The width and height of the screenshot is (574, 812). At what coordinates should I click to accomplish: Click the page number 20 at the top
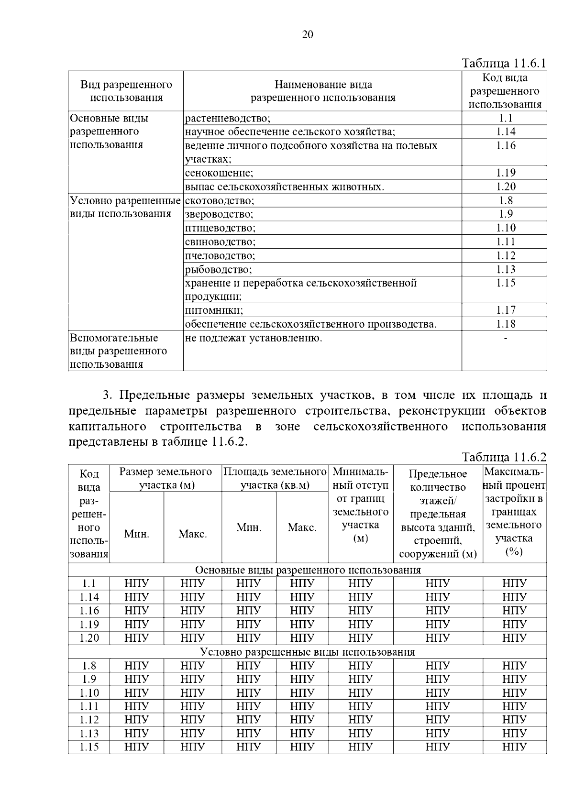click(308, 34)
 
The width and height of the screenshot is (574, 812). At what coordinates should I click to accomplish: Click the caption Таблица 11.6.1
click(504, 64)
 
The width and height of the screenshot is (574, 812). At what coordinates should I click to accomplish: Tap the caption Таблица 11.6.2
click(504, 457)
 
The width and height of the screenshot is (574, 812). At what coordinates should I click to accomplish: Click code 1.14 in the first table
click(505, 132)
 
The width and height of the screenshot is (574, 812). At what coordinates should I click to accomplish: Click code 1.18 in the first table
click(505, 324)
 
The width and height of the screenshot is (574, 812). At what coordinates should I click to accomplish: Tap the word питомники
click(214, 310)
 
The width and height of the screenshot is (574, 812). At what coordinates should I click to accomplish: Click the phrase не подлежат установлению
click(254, 338)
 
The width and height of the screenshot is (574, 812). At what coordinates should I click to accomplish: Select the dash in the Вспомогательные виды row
click(505, 338)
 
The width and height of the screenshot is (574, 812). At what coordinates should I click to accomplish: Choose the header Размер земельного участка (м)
click(166, 478)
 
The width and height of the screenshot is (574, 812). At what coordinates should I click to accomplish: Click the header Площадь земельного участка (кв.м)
click(275, 478)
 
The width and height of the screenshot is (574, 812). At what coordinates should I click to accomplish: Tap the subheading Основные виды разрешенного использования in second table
click(308, 570)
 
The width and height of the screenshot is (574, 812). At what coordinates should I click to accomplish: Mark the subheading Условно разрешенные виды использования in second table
click(308, 652)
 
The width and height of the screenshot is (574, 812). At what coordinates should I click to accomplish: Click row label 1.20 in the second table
click(89, 638)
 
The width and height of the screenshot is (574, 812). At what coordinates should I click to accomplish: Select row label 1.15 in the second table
click(89, 747)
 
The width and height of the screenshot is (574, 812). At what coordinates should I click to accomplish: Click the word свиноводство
click(220, 241)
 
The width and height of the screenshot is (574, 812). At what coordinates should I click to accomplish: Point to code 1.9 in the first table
click(505, 214)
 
